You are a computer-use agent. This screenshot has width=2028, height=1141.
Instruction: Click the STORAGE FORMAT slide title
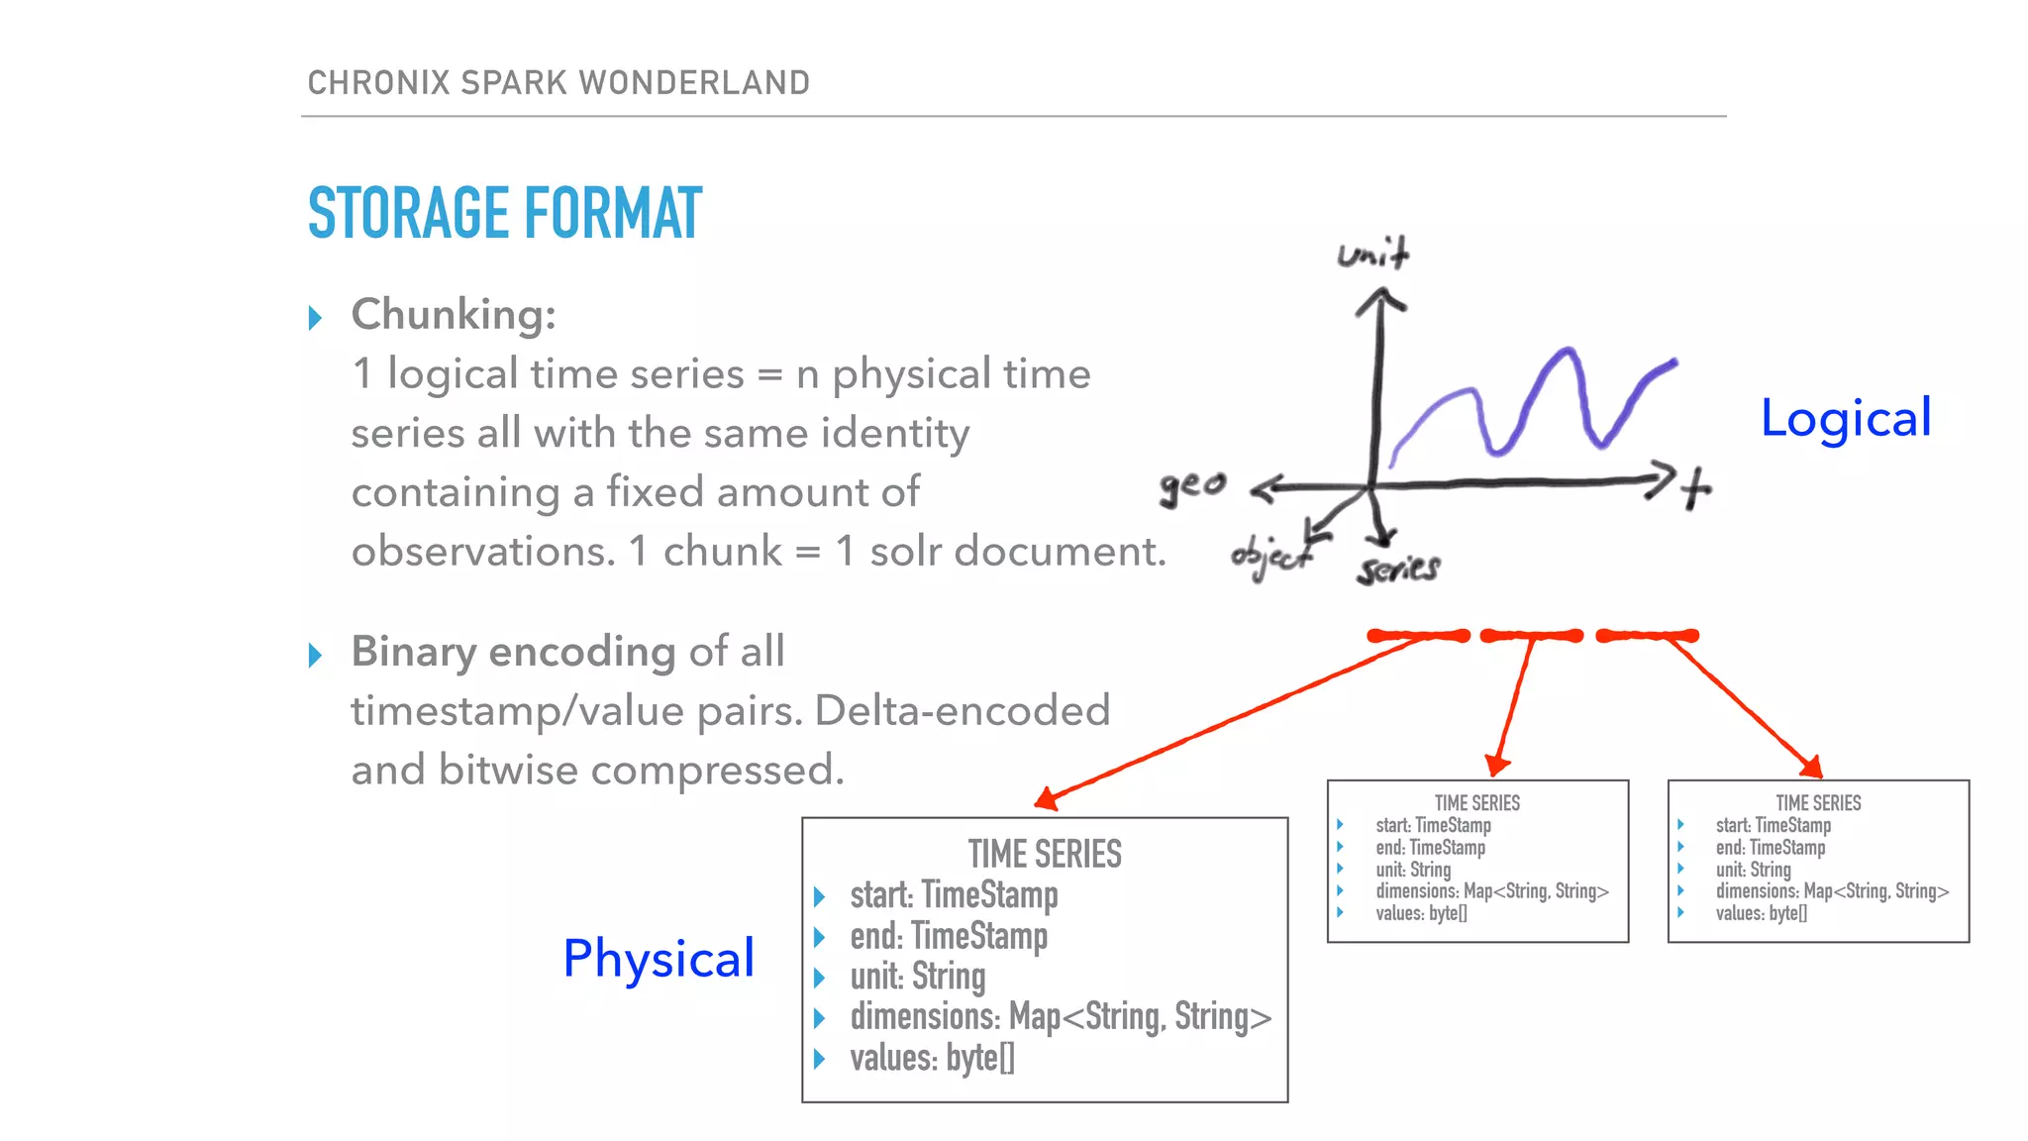click(x=504, y=213)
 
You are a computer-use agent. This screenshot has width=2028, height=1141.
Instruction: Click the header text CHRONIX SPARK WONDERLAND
click(x=558, y=82)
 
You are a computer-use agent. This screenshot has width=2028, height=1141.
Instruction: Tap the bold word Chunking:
click(x=454, y=314)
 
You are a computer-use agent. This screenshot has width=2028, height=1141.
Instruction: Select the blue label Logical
click(x=1845, y=417)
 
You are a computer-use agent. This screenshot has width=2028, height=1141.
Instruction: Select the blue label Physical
click(x=659, y=958)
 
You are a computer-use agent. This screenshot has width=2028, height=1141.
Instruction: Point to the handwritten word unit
click(x=1372, y=254)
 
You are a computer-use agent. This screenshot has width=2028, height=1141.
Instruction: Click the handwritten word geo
click(x=1192, y=485)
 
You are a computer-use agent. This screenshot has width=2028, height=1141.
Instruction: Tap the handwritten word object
click(x=1271, y=557)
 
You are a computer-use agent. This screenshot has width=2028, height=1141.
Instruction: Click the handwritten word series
click(x=1398, y=569)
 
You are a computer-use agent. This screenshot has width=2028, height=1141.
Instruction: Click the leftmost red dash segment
click(x=1418, y=636)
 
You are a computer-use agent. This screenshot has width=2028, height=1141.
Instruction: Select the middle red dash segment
click(x=1531, y=636)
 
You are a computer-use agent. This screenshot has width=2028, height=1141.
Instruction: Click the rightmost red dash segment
click(x=1647, y=636)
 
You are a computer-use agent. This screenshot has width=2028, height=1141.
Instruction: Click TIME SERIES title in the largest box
click(x=1045, y=854)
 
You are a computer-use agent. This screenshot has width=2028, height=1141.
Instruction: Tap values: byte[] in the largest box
click(x=932, y=1058)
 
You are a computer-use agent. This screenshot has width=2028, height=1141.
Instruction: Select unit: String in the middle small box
click(x=1413, y=870)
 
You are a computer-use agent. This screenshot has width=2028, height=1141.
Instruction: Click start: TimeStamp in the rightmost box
click(x=1773, y=825)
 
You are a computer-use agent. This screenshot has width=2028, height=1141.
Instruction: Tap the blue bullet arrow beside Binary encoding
click(x=315, y=655)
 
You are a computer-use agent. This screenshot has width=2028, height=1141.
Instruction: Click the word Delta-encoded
click(x=962, y=710)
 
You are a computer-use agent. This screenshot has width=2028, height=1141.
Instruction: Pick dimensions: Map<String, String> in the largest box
click(x=1060, y=1017)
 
